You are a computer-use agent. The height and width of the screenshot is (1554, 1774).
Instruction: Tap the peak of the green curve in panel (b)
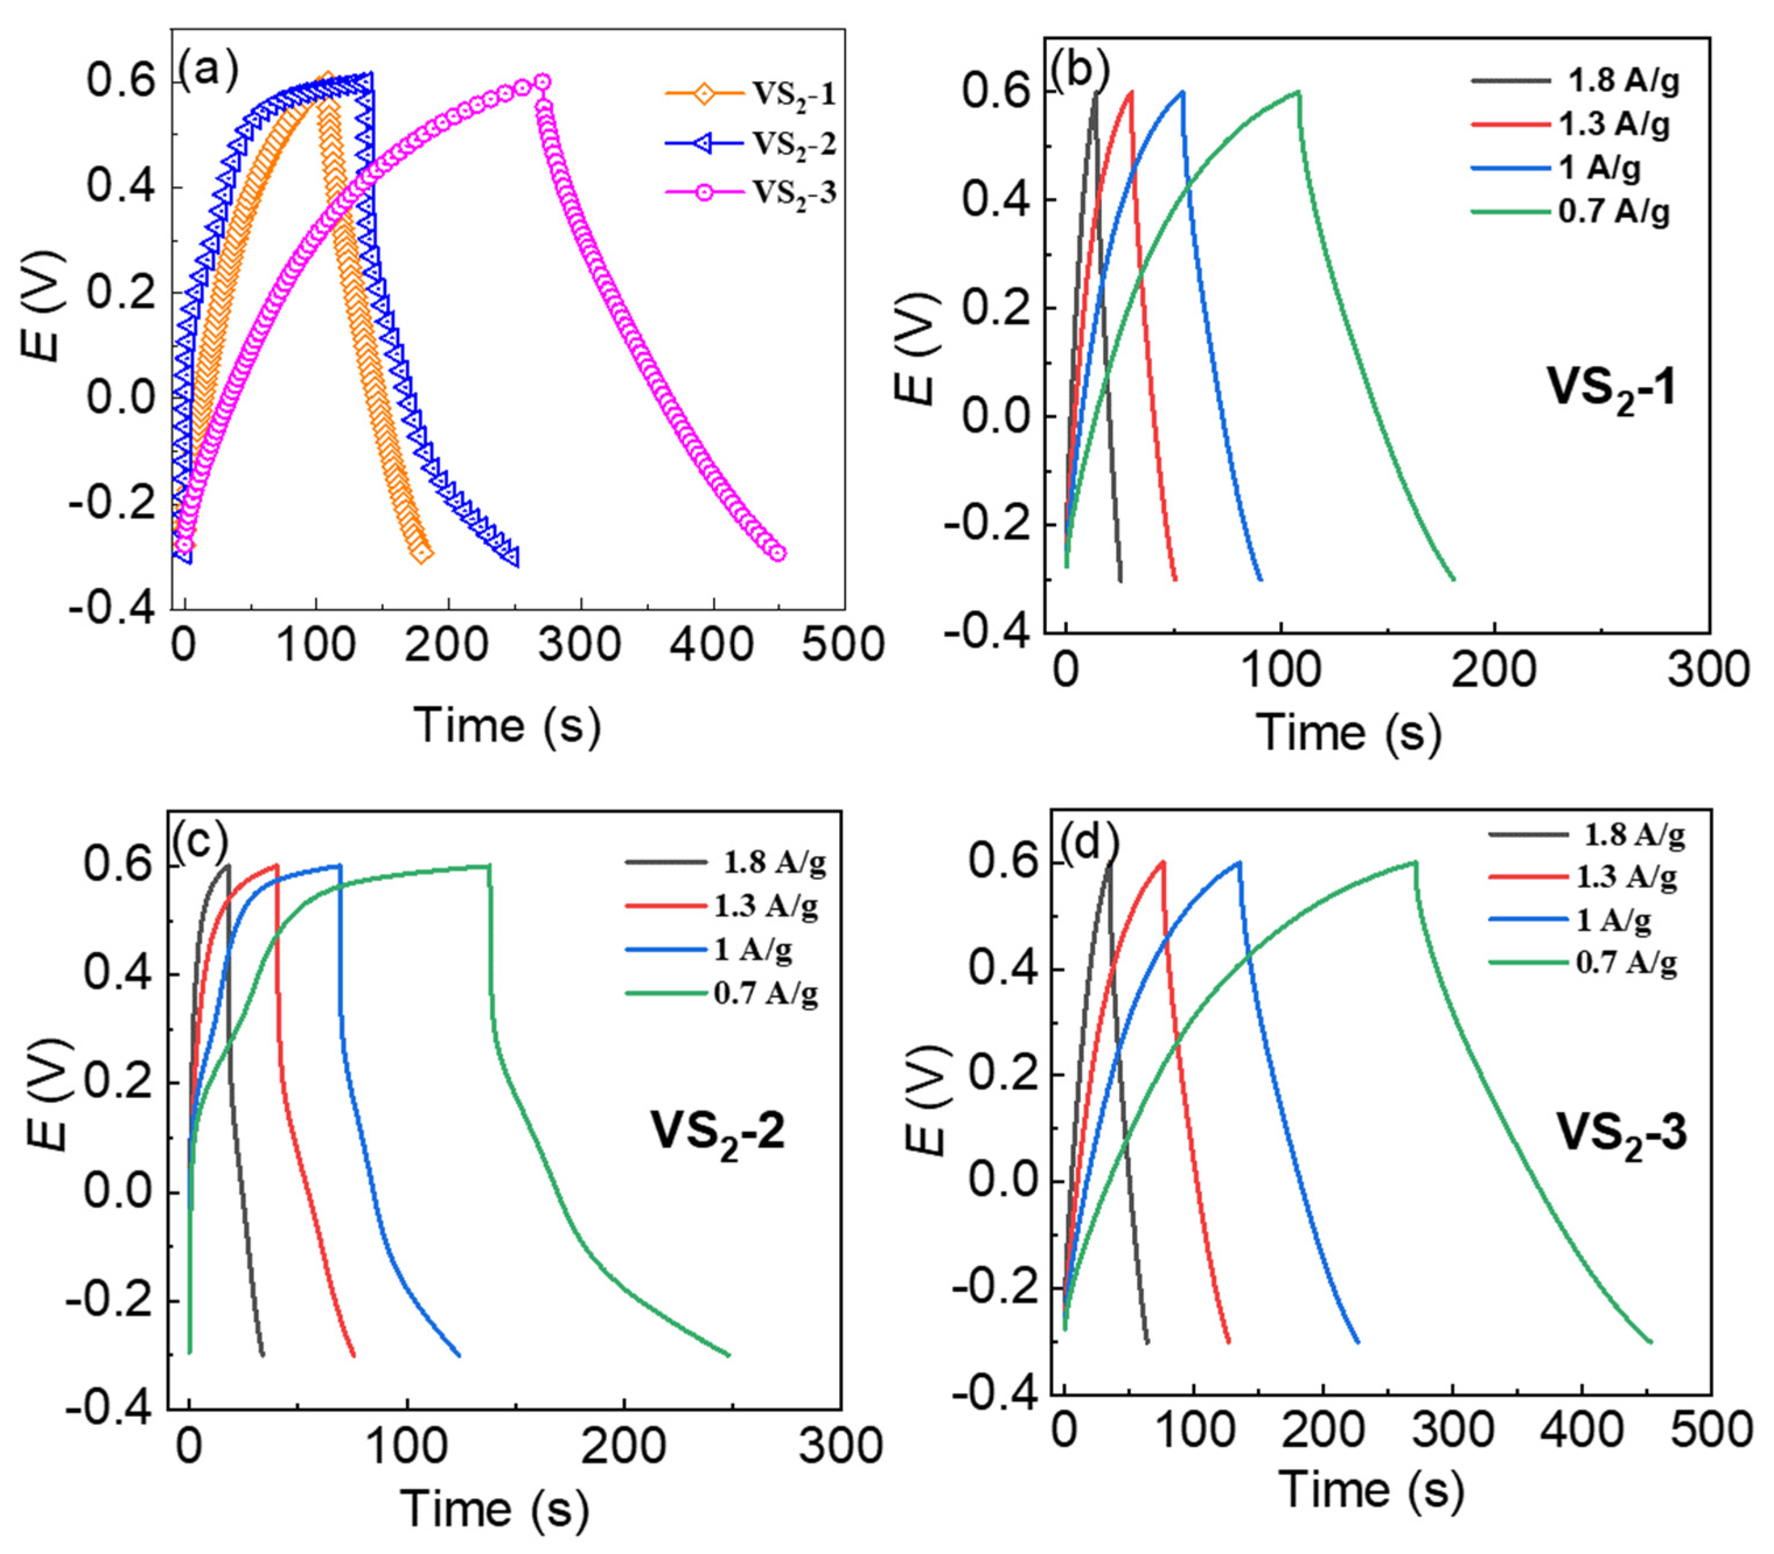pos(1298,91)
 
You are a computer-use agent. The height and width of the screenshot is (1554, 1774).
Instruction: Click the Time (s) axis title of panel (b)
pos(1348,733)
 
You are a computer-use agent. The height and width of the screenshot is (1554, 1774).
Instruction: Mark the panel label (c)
pos(200,839)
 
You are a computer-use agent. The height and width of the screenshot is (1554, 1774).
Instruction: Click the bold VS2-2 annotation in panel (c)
pos(718,1133)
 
